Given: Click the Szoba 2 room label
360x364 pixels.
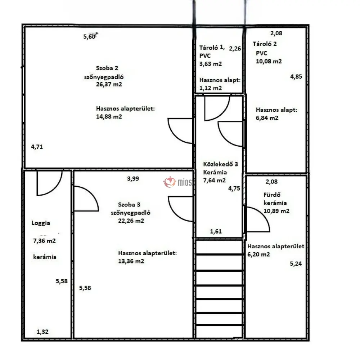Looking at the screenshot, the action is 107,68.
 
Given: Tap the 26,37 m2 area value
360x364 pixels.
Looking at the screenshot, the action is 109,84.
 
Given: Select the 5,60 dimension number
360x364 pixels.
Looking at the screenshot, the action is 90,36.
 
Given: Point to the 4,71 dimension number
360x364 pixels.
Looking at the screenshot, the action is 37,147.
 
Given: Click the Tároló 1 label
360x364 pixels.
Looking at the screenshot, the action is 212,47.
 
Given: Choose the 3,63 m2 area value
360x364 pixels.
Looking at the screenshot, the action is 211,64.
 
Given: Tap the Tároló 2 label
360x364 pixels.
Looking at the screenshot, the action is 265,44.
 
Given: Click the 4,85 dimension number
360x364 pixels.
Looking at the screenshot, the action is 296,77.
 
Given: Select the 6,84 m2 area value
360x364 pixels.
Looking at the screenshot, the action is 267,118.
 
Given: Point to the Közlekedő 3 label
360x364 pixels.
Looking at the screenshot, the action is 221,164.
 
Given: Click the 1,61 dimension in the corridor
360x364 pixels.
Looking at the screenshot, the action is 216,231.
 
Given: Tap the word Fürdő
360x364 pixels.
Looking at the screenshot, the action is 272,195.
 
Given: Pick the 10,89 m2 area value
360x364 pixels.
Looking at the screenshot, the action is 276,211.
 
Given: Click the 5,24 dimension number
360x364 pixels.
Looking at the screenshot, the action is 296,264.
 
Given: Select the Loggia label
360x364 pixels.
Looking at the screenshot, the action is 41,223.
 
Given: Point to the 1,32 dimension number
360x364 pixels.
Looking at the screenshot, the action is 42,332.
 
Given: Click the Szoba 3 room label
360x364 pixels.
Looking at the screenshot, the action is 129,204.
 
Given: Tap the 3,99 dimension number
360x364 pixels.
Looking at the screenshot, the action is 133,179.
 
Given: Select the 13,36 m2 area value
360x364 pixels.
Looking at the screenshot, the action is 131,261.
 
